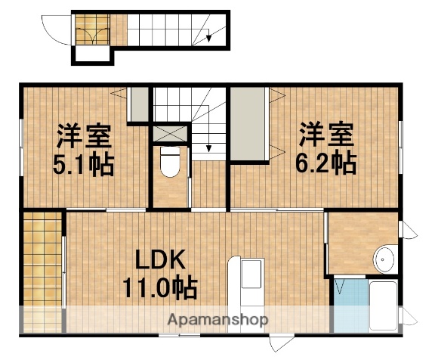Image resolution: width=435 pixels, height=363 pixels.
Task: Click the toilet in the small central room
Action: click(x=170, y=161)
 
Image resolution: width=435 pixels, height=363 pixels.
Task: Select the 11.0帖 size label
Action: click(x=160, y=287)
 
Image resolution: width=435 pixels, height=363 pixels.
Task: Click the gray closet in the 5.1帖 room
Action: click(x=138, y=104)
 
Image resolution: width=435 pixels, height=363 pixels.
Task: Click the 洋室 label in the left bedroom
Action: click(x=84, y=136)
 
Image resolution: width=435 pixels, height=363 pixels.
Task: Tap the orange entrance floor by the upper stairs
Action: click(x=94, y=29)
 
